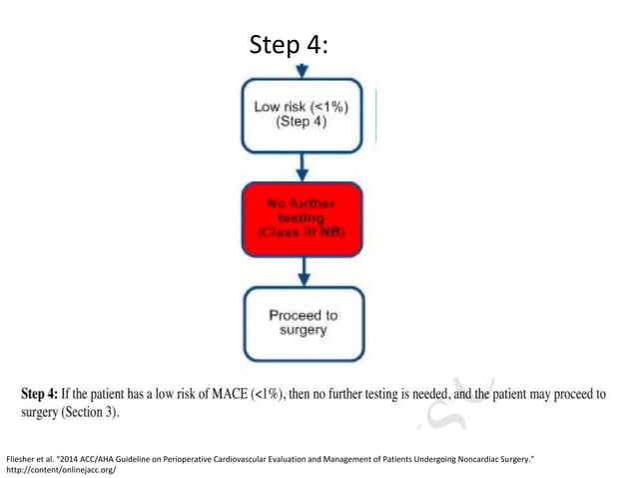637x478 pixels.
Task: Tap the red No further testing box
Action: click(303, 218)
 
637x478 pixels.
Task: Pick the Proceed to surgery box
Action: click(303, 323)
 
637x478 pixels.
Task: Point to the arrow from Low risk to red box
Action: click(303, 167)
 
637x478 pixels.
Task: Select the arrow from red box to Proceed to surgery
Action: click(303, 270)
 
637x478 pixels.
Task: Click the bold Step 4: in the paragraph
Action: click(50, 394)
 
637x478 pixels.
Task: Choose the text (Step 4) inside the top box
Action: click(303, 124)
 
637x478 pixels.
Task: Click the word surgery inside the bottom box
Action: click(303, 331)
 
